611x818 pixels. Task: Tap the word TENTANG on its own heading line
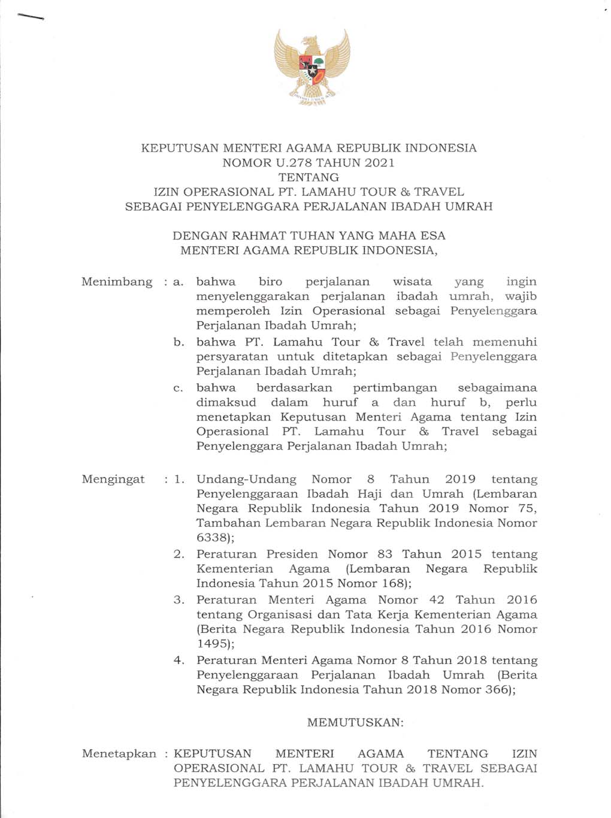[308, 177]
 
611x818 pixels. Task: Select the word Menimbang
[117, 282]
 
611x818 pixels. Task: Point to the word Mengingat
[113, 480]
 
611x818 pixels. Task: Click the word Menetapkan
[119, 754]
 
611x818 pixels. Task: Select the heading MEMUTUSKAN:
[355, 723]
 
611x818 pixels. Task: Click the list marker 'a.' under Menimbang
[179, 282]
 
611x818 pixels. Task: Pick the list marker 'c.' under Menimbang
[179, 388]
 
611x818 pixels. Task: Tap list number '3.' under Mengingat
[179, 600]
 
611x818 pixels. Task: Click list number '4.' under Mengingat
[179, 661]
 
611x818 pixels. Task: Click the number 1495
[212, 644]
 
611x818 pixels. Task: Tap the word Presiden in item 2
[292, 555]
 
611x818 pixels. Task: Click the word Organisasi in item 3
[280, 615]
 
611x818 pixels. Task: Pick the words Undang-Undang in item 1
[246, 480]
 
